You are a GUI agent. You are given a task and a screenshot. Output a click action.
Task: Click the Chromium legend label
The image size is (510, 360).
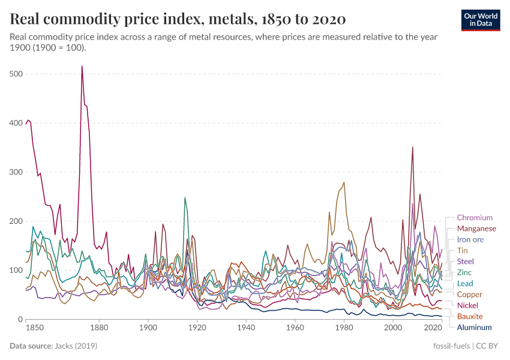(x=475, y=218)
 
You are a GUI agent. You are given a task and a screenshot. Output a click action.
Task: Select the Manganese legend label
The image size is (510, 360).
(x=476, y=229)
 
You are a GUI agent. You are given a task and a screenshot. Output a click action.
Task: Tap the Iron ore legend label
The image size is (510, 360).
(x=470, y=239)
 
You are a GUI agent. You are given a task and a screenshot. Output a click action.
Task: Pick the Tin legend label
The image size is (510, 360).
(x=463, y=250)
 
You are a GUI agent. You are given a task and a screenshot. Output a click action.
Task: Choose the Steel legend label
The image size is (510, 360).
(x=466, y=262)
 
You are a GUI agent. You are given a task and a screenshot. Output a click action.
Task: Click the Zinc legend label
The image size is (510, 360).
(x=464, y=272)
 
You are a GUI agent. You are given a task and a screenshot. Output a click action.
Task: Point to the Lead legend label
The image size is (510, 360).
(x=465, y=283)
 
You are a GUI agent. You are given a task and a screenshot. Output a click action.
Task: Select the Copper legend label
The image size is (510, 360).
(x=469, y=295)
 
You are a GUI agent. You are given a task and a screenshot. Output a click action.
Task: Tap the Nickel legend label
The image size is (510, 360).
(x=467, y=305)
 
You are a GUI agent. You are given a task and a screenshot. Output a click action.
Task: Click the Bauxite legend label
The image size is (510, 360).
(x=470, y=316)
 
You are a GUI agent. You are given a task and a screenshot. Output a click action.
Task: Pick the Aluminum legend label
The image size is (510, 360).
(x=474, y=328)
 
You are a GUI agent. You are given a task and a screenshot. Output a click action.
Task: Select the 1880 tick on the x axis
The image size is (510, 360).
(x=99, y=328)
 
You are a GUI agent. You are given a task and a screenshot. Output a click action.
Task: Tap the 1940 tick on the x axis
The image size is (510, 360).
(x=245, y=328)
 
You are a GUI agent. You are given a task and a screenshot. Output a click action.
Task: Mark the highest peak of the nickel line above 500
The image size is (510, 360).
(x=82, y=67)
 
